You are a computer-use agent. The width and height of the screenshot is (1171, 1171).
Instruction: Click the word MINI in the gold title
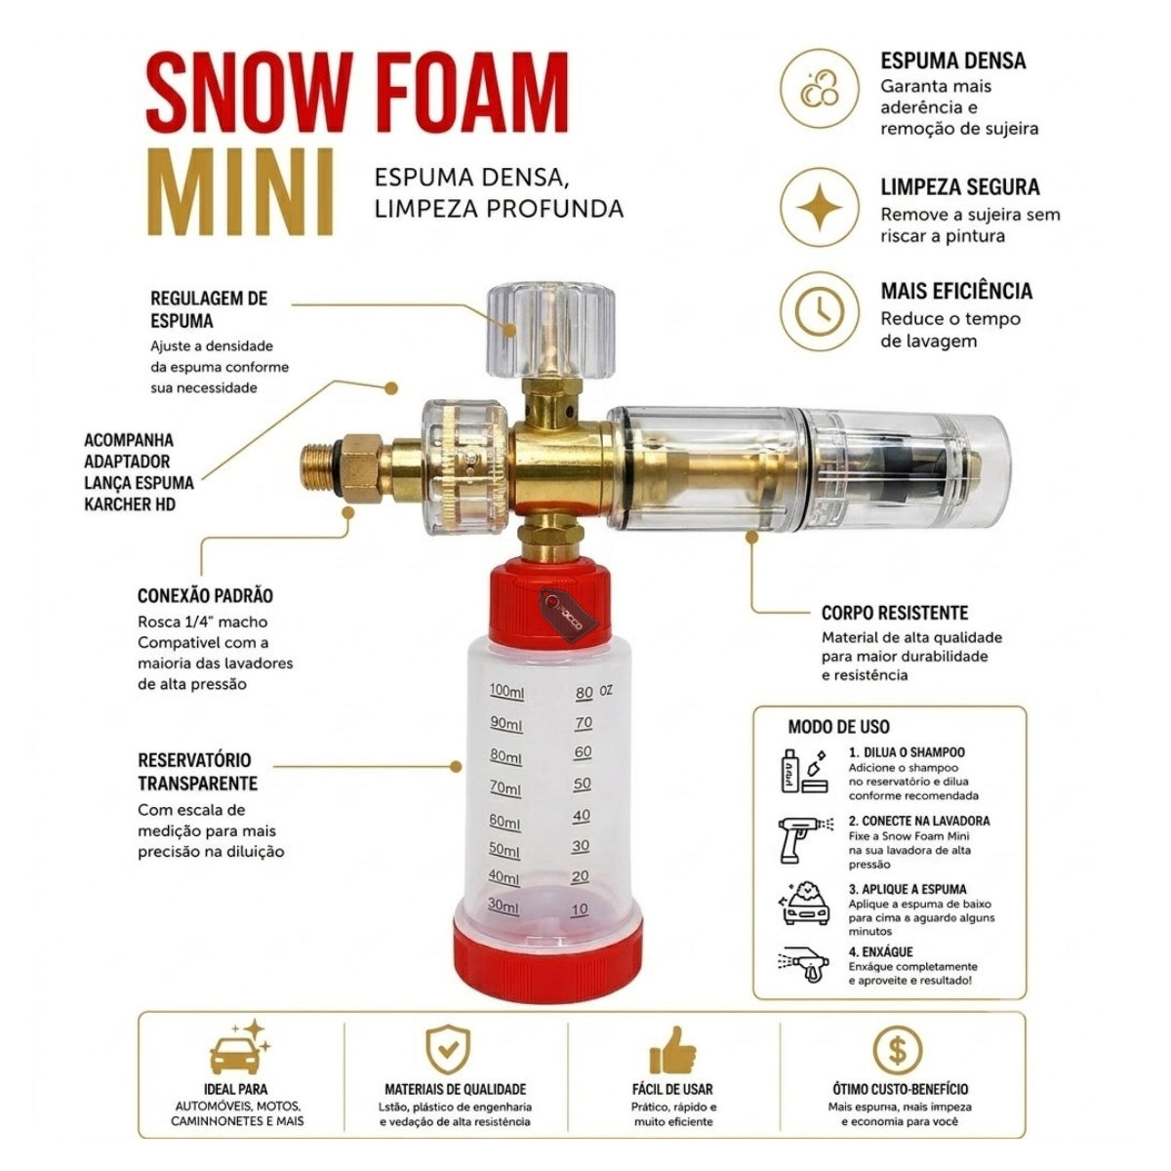[241, 191]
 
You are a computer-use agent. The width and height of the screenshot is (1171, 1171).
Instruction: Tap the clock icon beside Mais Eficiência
[820, 310]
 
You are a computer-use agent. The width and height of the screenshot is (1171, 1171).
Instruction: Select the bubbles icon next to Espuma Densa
[820, 89]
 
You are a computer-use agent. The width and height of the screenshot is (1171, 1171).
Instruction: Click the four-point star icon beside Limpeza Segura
[820, 207]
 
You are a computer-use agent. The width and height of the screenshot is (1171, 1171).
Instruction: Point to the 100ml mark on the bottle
[506, 692]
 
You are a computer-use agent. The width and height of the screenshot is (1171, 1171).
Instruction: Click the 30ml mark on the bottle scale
[504, 905]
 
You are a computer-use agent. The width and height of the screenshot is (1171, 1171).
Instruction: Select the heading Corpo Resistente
[895, 613]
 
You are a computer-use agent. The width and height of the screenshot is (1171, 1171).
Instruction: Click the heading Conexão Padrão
[205, 595]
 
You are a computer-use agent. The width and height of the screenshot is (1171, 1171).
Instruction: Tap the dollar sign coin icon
[897, 1050]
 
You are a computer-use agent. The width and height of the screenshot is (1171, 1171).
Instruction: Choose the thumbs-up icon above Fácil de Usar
[672, 1050]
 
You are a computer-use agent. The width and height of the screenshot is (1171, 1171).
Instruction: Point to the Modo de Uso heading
[838, 727]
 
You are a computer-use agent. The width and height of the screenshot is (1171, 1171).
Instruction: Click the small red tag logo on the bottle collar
[568, 615]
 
